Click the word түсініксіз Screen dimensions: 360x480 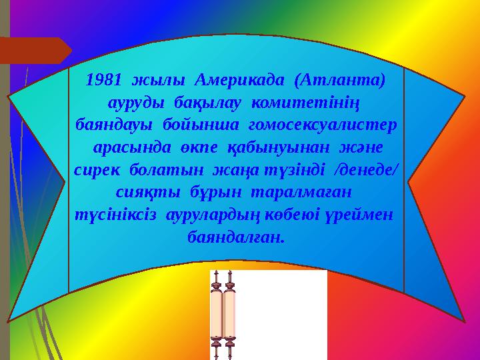113,215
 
